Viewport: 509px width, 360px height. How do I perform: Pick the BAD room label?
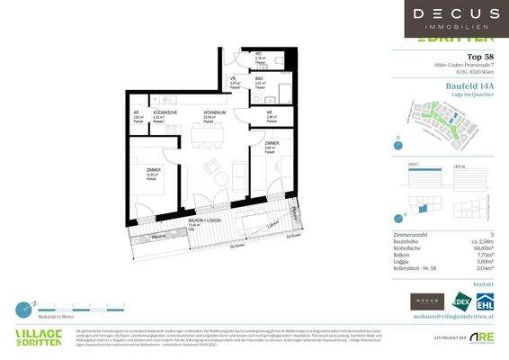(x=258, y=79)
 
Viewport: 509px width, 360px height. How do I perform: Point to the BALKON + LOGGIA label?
(x=205, y=220)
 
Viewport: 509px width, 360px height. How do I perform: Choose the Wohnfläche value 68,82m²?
(x=484, y=247)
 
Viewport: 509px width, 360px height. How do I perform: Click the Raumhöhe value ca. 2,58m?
(x=482, y=239)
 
